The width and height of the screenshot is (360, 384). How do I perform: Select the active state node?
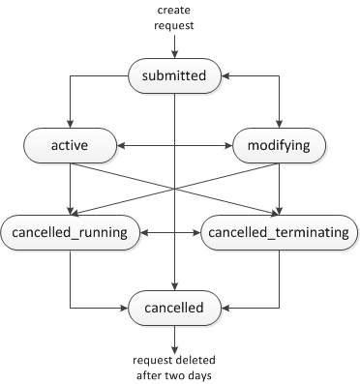click(70, 147)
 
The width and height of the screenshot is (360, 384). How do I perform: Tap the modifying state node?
click(279, 147)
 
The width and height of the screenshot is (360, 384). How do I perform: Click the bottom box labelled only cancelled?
click(174, 310)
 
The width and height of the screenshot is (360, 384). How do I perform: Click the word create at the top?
click(174, 10)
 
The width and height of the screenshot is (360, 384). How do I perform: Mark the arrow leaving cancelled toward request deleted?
click(174, 339)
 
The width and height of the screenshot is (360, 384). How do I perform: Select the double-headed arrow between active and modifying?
click(174, 147)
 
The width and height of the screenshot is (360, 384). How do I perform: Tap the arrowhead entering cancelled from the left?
click(126, 310)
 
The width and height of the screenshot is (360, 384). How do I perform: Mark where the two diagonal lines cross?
click(174, 191)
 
